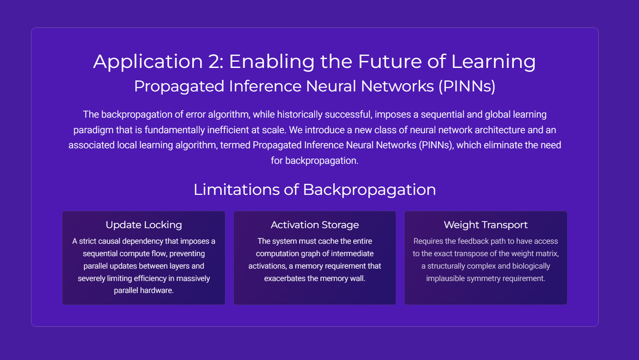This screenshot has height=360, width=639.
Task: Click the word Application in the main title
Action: coord(148,62)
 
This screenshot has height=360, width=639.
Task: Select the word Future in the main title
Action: coord(390,61)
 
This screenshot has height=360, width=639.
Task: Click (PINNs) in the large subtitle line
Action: coord(467,86)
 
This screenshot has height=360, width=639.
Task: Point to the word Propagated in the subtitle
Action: coord(179,87)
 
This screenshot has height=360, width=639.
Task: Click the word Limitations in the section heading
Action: coord(237,190)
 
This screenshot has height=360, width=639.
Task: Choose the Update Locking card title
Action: coord(144,225)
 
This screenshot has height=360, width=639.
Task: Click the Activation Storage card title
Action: coord(315,225)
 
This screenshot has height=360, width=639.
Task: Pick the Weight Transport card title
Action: coord(486,225)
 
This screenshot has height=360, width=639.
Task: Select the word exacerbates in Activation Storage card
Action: coord(285,278)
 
